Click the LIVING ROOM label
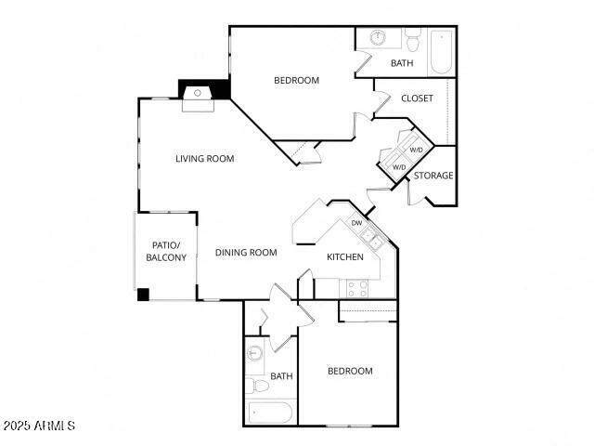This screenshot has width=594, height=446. click(205, 159)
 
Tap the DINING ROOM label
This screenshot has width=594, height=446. click(246, 253)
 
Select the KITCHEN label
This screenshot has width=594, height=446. click(345, 257)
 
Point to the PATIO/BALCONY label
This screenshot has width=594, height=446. click(166, 252)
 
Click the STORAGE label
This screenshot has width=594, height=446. click(433, 176)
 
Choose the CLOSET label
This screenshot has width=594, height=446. click(417, 98)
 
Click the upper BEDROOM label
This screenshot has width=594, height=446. click(296, 81)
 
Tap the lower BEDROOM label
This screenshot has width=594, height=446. click(350, 372)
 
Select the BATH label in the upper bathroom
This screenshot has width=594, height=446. click(402, 64)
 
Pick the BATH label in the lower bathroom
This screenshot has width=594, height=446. click(281, 376)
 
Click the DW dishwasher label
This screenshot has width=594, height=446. click(356, 223)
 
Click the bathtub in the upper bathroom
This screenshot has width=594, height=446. click(441, 52)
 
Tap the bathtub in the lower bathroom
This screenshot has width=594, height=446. click(270, 413)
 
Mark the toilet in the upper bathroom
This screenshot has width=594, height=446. click(413, 39)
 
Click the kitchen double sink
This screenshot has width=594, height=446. click(372, 238)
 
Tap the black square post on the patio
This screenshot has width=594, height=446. click(143, 295)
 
